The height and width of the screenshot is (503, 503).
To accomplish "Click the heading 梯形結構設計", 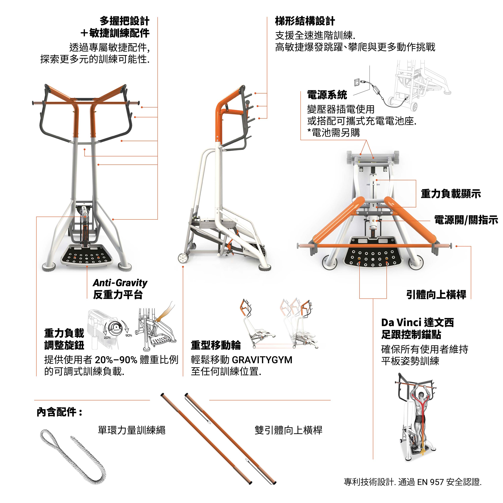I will tap(305, 21).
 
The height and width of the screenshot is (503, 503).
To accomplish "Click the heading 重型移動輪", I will tap(216, 345).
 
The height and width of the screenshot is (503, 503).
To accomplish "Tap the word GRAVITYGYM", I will tap(262, 360).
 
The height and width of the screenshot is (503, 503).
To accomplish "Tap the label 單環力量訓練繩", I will tap(131, 430).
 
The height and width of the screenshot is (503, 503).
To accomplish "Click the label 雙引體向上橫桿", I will tap(288, 430).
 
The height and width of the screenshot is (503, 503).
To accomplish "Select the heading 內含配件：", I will tap(60, 412).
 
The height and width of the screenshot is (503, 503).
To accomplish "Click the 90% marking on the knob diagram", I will tap(129, 335).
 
